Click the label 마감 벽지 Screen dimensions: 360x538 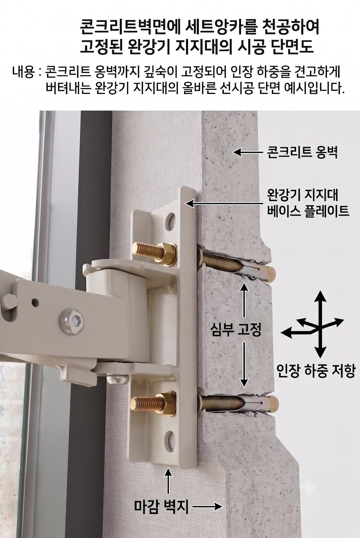click(x=161, y=506)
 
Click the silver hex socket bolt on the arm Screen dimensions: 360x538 click(x=72, y=321)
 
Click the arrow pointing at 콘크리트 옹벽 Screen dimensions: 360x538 click(x=248, y=152)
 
